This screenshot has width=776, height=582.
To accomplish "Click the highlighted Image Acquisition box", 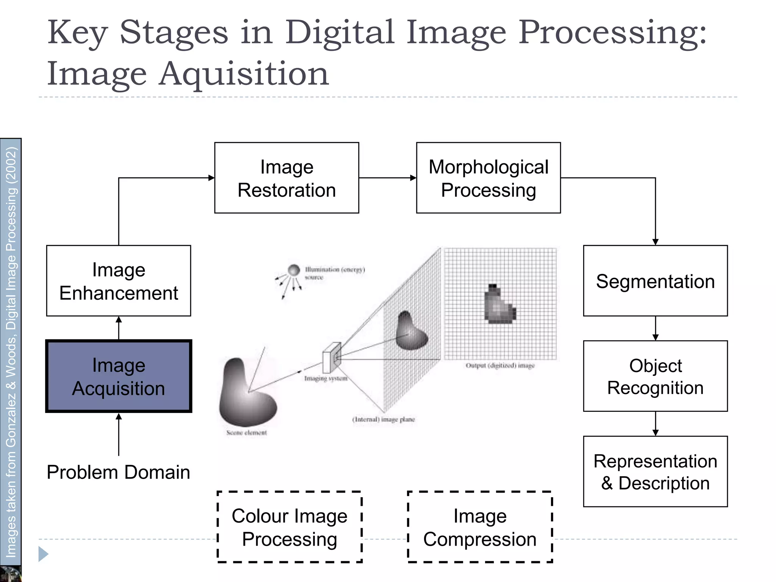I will pyautogui.click(x=119, y=376).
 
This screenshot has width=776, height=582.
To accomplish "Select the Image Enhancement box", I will pyautogui.click(x=119, y=281).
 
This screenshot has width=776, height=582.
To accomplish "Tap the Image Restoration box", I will pyautogui.click(x=286, y=178).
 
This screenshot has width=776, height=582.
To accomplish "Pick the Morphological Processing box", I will pyautogui.click(x=488, y=178).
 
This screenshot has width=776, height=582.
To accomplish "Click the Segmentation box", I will pyautogui.click(x=655, y=281).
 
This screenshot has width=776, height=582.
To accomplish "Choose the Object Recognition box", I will pyautogui.click(x=655, y=376).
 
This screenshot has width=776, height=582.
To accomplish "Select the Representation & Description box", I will pyautogui.click(x=655, y=471).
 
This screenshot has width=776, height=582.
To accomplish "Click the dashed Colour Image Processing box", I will pyautogui.click(x=289, y=527).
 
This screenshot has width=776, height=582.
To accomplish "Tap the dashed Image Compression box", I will pyautogui.click(x=480, y=527).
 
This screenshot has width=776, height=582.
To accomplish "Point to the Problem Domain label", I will pyautogui.click(x=118, y=472).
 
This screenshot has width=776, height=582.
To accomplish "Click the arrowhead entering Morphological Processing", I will pyautogui.click(x=413, y=178).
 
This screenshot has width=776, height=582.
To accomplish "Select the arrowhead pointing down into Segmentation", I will pyautogui.click(x=656, y=242).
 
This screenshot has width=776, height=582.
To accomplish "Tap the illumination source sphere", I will pyautogui.click(x=294, y=270).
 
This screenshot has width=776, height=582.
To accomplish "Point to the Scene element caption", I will pyautogui.click(x=247, y=433).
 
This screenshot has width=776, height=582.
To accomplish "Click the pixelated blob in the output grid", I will pyautogui.click(x=499, y=305).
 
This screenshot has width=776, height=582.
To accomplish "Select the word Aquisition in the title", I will pyautogui.click(x=244, y=74).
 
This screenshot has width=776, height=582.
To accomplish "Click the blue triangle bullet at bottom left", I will pyautogui.click(x=43, y=554).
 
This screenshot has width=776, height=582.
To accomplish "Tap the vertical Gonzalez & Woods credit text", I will pyautogui.click(x=11, y=352).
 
